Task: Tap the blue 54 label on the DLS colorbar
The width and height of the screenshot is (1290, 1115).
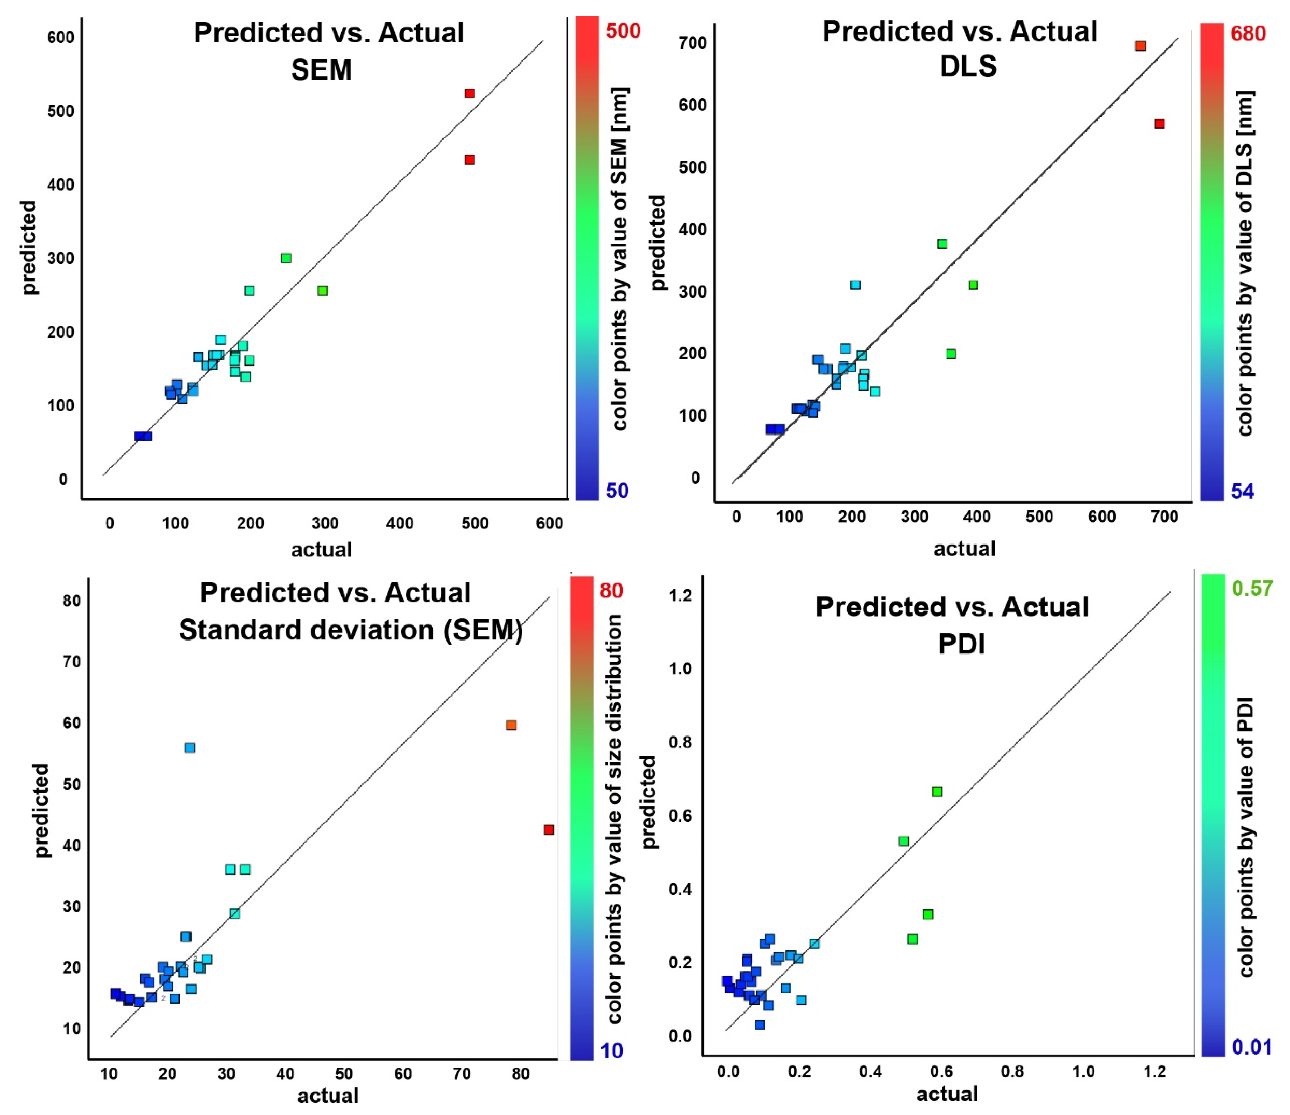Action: click(x=1242, y=492)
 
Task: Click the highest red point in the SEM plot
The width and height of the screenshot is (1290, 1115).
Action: click(x=469, y=94)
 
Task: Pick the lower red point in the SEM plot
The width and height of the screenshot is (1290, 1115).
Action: click(x=469, y=160)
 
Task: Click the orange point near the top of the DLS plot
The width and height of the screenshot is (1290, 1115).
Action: click(x=1140, y=45)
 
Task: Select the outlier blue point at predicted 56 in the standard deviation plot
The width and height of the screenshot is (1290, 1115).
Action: click(x=190, y=747)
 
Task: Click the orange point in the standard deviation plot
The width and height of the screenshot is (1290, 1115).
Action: click(x=511, y=725)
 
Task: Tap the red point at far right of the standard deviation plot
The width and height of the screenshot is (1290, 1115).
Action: click(x=549, y=830)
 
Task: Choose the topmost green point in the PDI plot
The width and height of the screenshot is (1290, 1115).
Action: click(x=936, y=792)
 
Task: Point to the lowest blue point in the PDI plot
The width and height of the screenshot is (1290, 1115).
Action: click(x=760, y=1025)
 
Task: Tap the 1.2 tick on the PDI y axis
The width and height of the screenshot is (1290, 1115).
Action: click(x=680, y=595)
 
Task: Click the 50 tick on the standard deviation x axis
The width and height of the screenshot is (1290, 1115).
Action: click(x=344, y=1074)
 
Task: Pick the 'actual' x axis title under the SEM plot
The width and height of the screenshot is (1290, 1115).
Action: click(x=321, y=549)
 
